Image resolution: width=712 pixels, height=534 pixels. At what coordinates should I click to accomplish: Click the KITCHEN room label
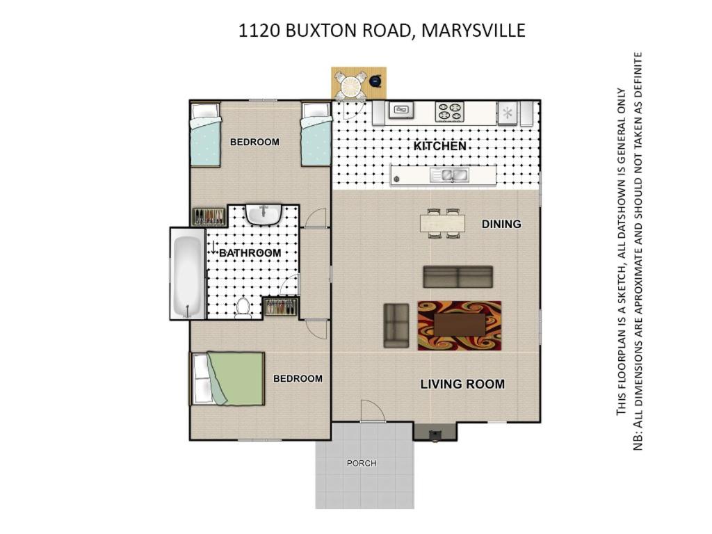(x=440, y=146)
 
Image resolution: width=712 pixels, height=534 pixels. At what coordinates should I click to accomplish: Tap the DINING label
(x=501, y=224)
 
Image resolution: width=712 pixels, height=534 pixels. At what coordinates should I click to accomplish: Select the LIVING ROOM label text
(x=462, y=384)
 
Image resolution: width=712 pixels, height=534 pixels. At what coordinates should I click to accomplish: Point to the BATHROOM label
(x=250, y=253)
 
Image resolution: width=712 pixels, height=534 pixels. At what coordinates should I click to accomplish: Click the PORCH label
(x=362, y=463)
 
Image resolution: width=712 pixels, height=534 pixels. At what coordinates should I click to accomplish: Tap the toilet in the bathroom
(x=243, y=307)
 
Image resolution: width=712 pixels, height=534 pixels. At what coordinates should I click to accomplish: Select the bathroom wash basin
(x=264, y=215)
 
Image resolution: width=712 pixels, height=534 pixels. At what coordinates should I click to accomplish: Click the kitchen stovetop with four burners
(x=450, y=112)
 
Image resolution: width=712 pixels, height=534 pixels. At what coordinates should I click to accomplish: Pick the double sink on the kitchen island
(x=450, y=175)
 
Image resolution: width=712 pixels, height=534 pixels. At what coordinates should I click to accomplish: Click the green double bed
(x=227, y=379)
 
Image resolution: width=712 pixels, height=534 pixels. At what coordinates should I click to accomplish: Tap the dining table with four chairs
(x=442, y=223)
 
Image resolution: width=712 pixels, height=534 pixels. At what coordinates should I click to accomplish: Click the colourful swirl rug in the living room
(x=459, y=325)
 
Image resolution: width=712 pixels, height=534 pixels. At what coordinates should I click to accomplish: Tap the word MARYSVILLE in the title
(x=474, y=31)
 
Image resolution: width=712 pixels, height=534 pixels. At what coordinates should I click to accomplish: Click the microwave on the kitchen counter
(x=400, y=110)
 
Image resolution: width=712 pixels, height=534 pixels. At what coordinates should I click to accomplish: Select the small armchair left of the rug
(x=396, y=325)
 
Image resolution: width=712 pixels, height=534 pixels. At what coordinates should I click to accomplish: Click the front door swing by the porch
(x=373, y=411)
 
